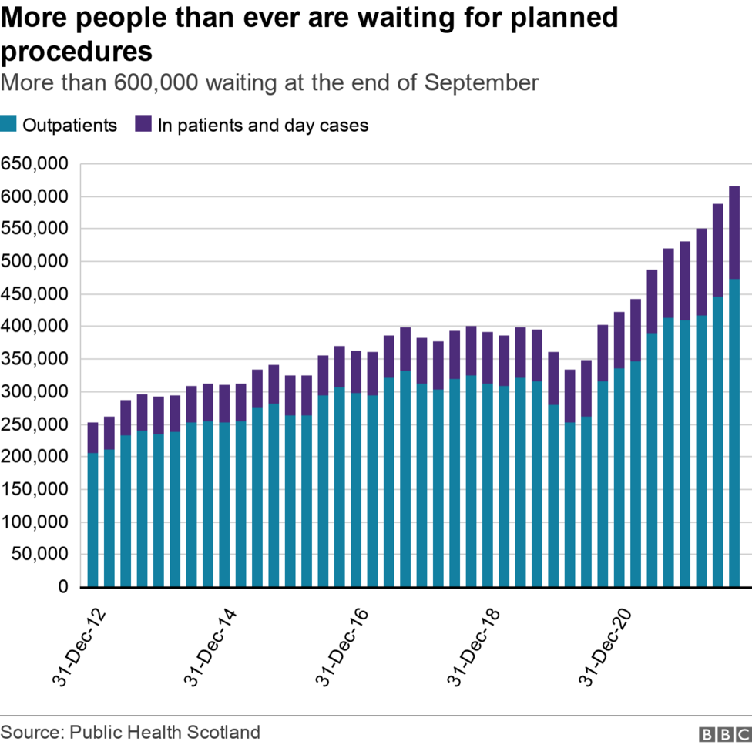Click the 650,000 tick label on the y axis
click(35, 164)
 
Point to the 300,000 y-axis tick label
click(35, 391)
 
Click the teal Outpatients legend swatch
click(8, 125)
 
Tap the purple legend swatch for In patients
click(143, 125)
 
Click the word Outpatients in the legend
click(69, 125)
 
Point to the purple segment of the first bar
click(93, 438)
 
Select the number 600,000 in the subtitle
click(151, 83)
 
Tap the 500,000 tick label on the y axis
click(35, 261)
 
